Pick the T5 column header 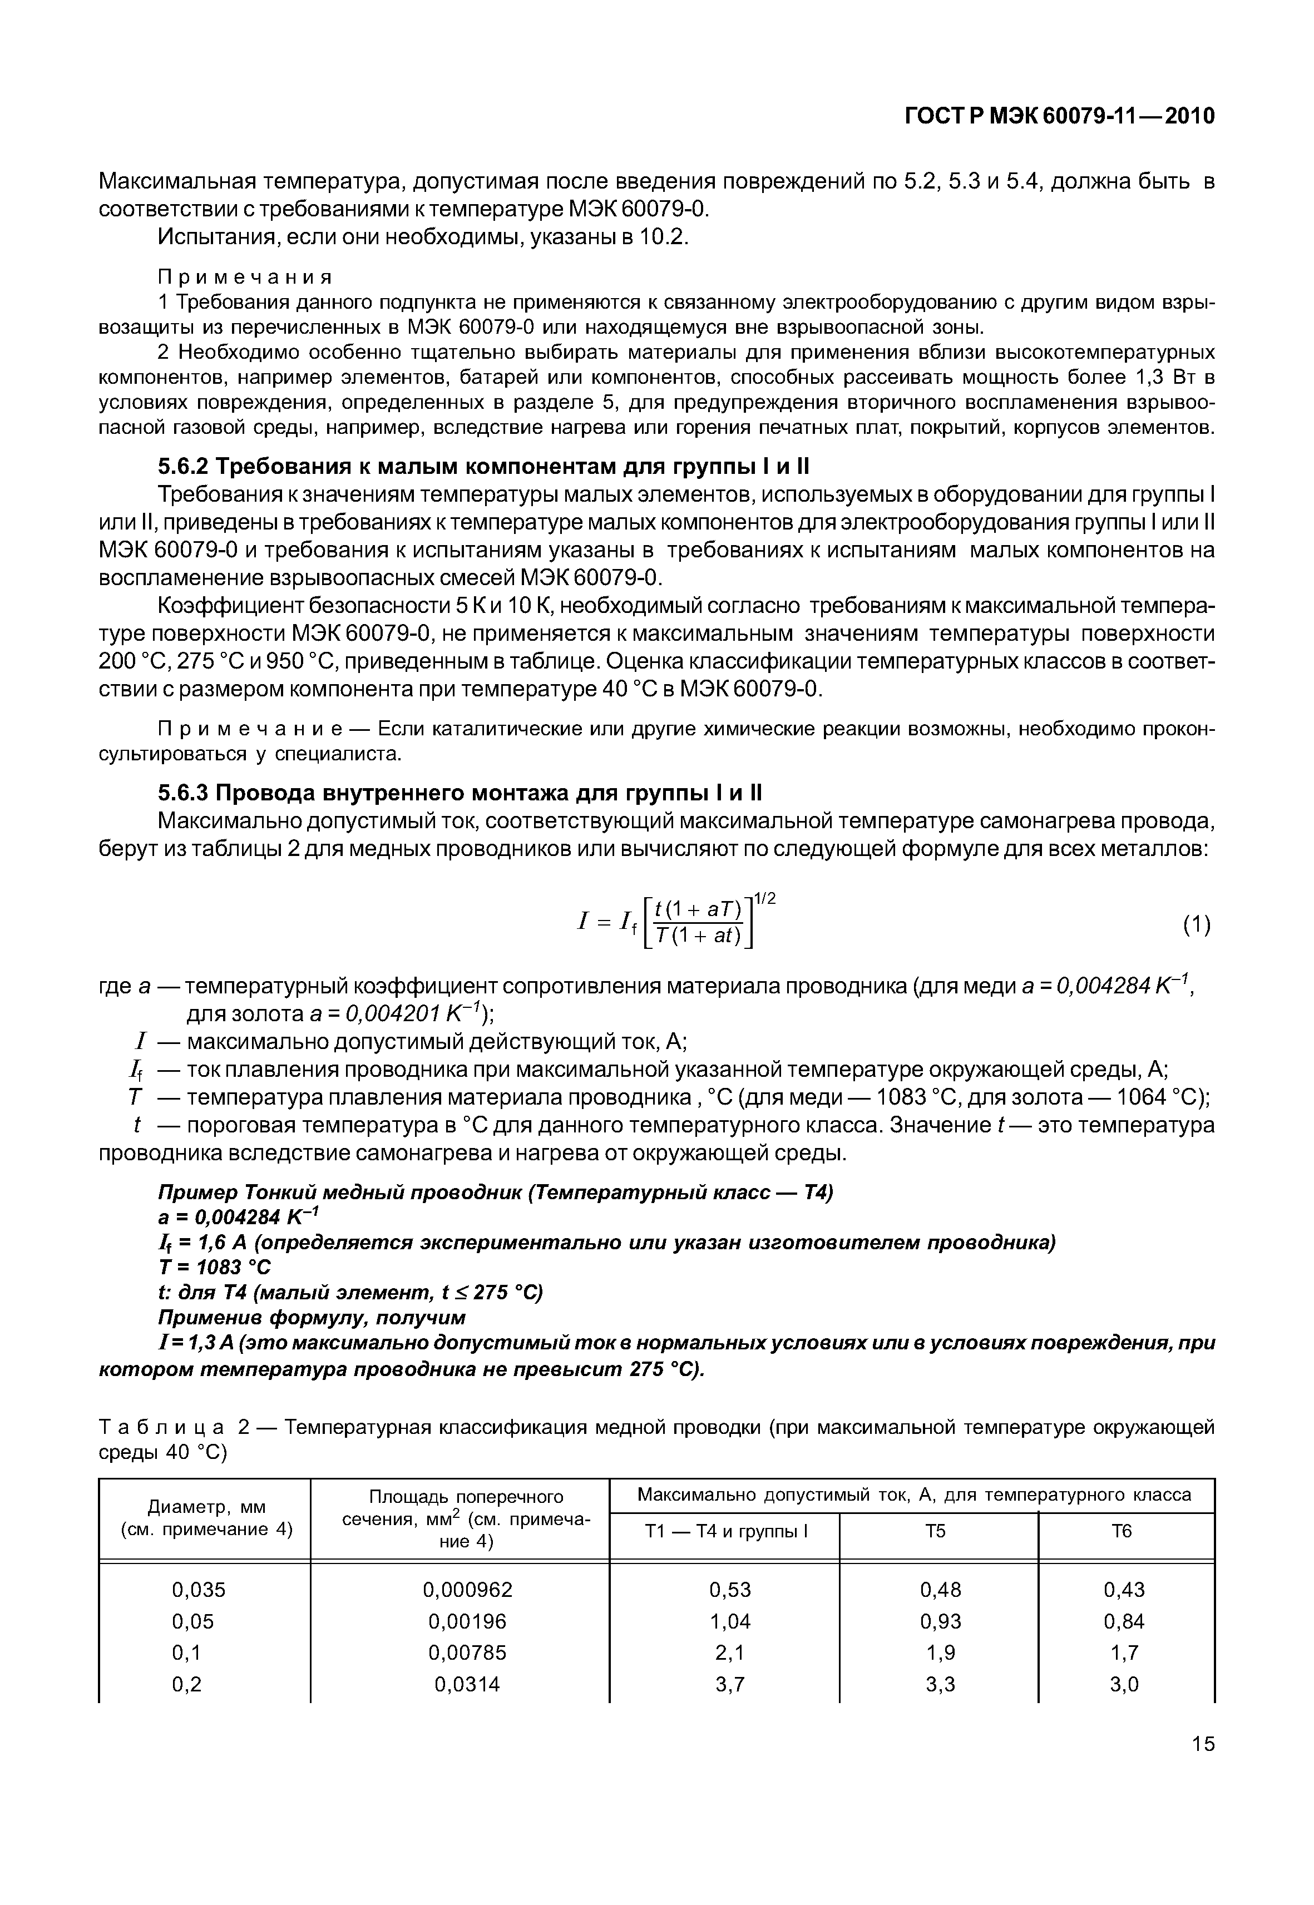[x=938, y=1531]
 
